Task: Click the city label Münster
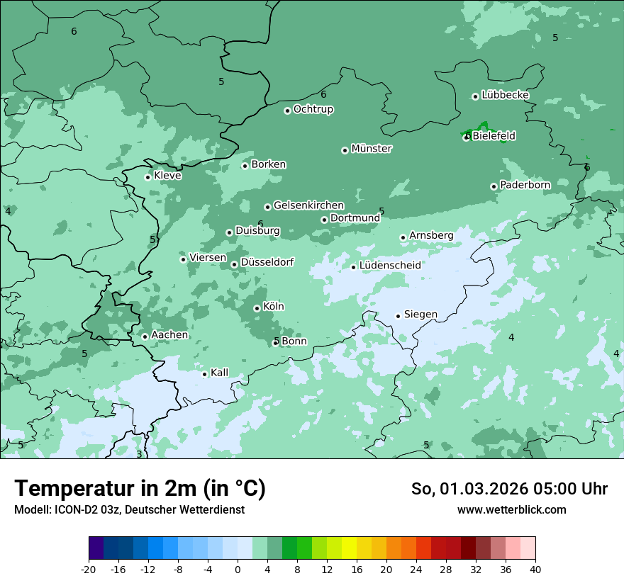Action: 372,149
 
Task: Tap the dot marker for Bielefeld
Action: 467,137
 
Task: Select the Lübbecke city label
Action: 505,95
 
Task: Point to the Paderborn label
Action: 525,185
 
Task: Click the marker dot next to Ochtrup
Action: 287,111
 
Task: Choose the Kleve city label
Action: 167,176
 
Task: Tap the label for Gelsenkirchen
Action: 308,205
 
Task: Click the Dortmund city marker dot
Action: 324,220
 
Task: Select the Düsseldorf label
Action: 267,262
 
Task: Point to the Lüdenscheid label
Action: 390,266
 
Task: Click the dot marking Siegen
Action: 398,316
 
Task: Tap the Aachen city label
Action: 169,335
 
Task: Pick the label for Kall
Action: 219,373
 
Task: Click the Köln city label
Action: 273,307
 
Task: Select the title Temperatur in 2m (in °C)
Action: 140,488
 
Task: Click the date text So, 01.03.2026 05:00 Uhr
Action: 509,489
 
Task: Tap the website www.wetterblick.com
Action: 511,509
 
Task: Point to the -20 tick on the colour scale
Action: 89,569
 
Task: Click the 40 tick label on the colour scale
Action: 535,569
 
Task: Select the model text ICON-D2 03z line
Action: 129,509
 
